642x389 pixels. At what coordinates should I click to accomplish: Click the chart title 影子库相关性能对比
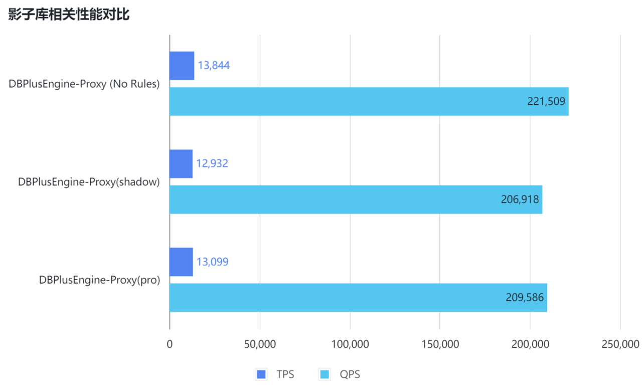pos(69,15)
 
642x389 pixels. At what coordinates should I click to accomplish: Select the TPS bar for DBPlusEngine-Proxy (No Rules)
pos(182,66)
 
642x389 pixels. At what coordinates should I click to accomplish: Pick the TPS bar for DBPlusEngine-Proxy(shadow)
pos(181,164)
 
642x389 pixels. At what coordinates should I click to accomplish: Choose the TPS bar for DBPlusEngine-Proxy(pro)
pos(181,262)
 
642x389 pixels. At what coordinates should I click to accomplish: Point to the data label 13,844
pos(214,66)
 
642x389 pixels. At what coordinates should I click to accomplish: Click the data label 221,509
pos(546,102)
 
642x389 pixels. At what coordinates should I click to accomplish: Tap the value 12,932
pos(212,164)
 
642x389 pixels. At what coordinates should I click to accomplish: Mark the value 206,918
pos(520,200)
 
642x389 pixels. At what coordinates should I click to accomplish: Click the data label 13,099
pos(212,262)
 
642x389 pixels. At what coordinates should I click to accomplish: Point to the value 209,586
pos(525,298)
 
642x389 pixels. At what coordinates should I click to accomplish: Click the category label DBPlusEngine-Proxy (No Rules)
pos(84,84)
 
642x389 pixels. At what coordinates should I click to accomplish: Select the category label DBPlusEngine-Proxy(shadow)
pos(89,182)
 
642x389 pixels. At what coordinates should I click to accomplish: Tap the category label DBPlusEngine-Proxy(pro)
pos(99,280)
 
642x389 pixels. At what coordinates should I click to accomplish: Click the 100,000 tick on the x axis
pos(350,344)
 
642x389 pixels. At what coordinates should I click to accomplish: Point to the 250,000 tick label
pos(620,344)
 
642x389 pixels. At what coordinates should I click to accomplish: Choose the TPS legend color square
pos(261,374)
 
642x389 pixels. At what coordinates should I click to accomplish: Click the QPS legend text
pos(350,374)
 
